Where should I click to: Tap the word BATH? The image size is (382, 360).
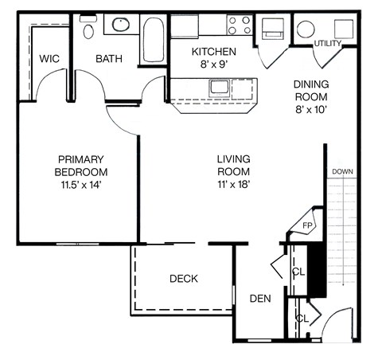point(107,59)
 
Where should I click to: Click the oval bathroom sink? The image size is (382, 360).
point(121,25)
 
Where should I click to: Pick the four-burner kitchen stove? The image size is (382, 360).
point(239,24)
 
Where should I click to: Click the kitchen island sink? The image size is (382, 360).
point(217,86)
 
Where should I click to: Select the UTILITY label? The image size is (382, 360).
point(329,43)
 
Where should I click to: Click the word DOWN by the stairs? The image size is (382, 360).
point(343,171)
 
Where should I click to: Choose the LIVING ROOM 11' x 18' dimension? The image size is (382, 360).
point(233,172)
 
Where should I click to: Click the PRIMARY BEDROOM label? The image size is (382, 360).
point(80,165)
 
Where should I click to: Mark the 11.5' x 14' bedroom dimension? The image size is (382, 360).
point(80,185)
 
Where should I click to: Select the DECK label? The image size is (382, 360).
point(183,279)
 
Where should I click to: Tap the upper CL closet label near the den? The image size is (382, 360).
point(299,272)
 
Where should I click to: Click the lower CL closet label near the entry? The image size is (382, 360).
point(302,319)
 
